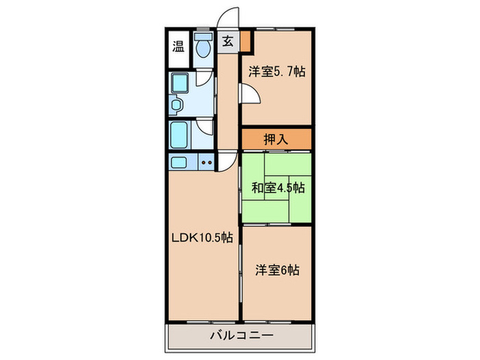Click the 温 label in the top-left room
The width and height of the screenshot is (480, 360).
[178, 47]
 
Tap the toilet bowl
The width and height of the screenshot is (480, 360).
[202, 48]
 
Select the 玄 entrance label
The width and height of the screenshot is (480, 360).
[227, 42]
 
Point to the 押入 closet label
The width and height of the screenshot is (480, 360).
[276, 139]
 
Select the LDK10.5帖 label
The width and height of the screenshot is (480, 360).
[202, 238]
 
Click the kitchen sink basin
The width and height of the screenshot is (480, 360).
[179, 163]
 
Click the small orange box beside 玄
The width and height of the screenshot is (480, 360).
[245, 43]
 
